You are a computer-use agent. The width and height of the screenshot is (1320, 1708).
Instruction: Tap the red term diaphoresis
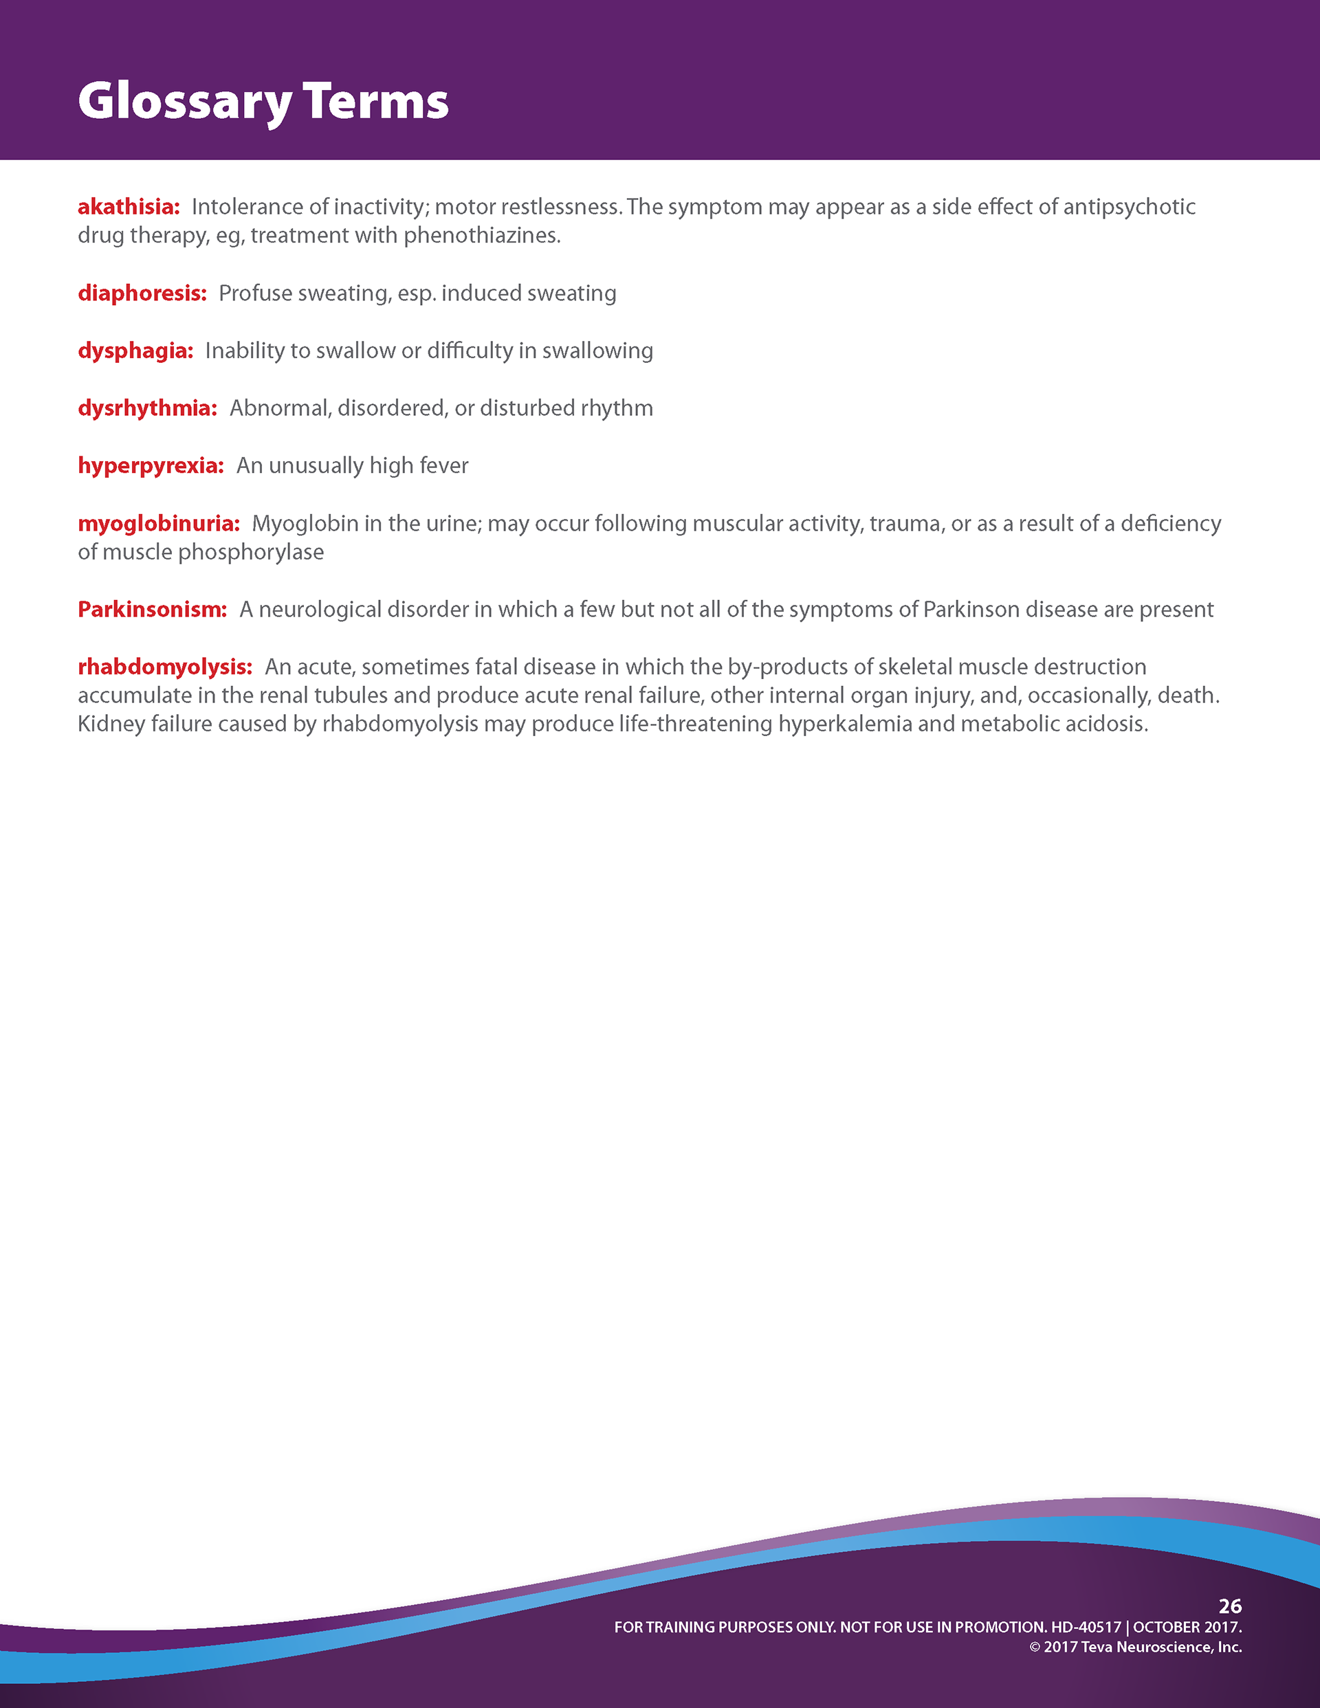tap(142, 293)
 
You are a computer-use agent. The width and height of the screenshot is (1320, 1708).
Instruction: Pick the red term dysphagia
tap(135, 351)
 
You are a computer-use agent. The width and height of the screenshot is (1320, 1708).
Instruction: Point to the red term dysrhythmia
tap(147, 408)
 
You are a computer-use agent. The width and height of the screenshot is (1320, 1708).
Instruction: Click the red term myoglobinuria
tap(158, 524)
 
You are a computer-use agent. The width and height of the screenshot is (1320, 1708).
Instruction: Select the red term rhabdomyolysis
tap(164, 667)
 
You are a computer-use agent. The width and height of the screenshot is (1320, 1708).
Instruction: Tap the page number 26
tap(1230, 1606)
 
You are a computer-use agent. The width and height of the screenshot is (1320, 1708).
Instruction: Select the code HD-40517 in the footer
tap(1086, 1628)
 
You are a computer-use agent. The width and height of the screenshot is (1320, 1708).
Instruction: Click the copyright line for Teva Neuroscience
tap(1135, 1647)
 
